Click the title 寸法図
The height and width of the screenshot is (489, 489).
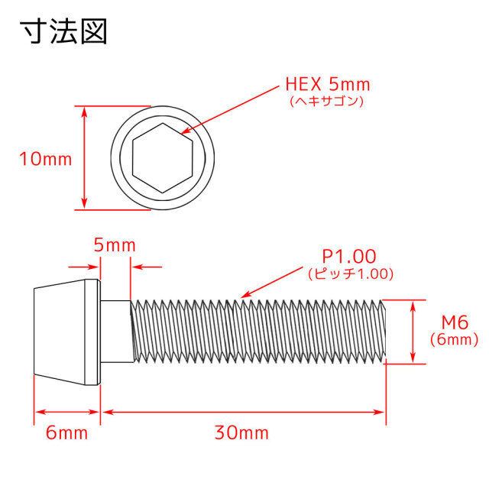(64, 31)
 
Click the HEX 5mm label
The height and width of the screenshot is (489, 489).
(328, 84)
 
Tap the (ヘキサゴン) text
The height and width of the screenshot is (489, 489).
(327, 101)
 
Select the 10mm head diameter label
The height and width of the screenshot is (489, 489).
(46, 159)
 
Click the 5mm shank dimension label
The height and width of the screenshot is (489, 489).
(115, 245)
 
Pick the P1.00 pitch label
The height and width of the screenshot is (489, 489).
(348, 257)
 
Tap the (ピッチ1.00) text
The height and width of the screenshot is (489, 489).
(351, 274)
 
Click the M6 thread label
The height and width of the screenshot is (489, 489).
(455, 322)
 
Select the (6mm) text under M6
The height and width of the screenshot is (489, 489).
(454, 339)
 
